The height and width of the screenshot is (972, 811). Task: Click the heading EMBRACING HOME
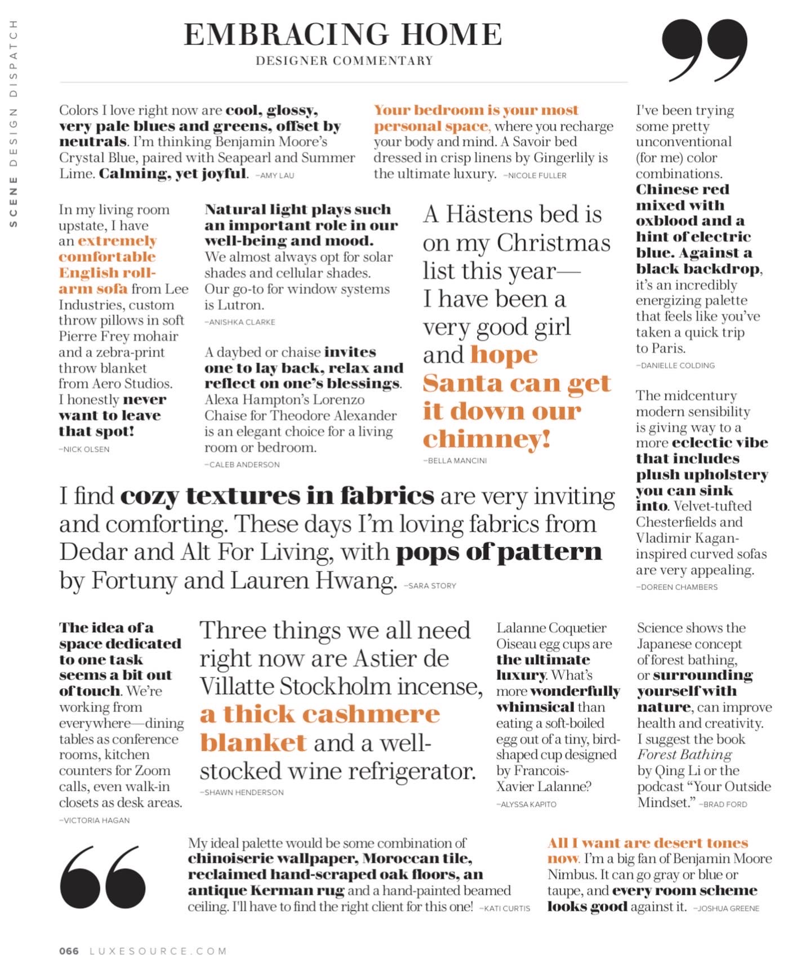343,34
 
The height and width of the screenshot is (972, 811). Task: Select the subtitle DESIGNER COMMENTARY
344,61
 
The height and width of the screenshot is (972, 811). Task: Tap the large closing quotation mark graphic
704,50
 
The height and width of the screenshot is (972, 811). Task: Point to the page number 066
69,951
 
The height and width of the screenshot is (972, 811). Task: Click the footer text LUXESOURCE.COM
158,951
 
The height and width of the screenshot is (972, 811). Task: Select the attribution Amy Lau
275,176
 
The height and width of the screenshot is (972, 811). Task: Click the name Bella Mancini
456,461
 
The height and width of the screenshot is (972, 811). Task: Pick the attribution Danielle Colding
676,365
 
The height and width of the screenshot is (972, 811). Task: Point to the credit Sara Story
431,586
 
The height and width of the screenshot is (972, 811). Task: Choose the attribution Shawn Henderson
242,792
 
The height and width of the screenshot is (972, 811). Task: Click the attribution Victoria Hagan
95,821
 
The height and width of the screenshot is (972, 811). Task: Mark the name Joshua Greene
727,908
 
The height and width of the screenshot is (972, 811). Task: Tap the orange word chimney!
487,439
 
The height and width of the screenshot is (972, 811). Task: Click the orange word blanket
253,743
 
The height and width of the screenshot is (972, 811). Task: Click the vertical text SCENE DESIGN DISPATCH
14,124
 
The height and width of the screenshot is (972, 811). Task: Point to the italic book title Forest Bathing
684,755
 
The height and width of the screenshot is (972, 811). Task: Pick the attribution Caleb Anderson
242,465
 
